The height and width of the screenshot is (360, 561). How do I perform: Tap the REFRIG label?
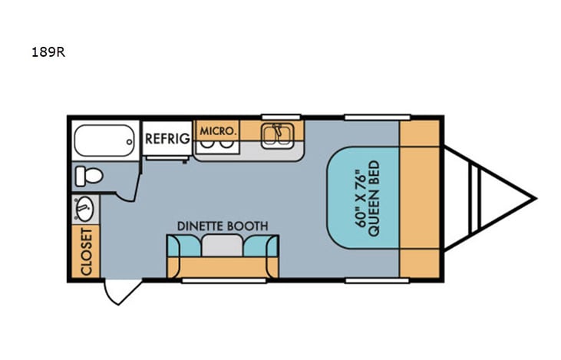[167, 139]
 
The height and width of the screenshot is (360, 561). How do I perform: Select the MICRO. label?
[217, 131]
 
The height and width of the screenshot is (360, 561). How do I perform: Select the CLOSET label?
[85, 251]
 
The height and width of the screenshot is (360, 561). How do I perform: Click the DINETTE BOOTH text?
[223, 226]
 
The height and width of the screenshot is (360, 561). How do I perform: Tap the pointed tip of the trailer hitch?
[533, 199]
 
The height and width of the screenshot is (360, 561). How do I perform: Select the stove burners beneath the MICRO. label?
[217, 144]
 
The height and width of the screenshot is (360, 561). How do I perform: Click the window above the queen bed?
[366, 117]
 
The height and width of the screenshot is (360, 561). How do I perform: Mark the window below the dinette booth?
[223, 280]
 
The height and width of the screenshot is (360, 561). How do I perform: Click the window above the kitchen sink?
[280, 117]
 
